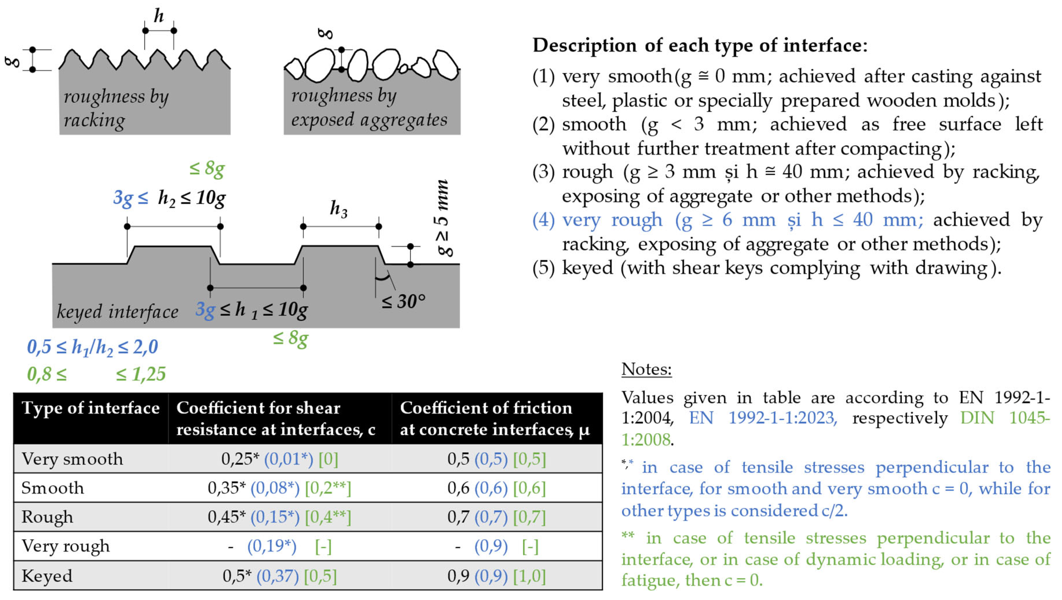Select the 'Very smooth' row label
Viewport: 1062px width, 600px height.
pyautogui.click(x=72, y=459)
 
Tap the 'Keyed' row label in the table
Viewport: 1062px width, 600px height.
pyautogui.click(x=47, y=576)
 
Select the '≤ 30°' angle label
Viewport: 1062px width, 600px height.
pyautogui.click(x=403, y=302)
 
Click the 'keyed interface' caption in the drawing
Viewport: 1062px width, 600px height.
pyautogui.click(x=118, y=312)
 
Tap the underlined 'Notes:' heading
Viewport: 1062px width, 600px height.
pyautogui.click(x=646, y=369)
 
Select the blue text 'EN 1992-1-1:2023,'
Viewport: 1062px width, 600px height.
pyautogui.click(x=763, y=418)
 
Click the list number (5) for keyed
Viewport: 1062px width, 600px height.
pyautogui.click(x=543, y=268)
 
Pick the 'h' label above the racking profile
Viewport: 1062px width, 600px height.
pyautogui.click(x=159, y=17)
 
